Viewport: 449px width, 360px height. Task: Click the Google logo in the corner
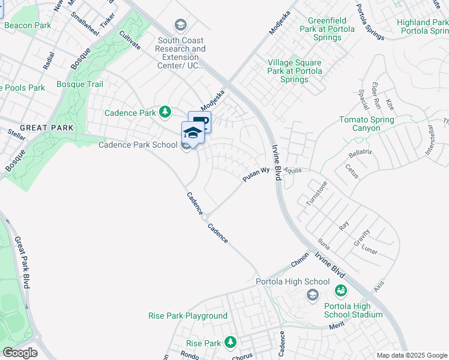click(20, 353)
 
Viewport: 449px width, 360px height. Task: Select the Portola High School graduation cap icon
click(312, 294)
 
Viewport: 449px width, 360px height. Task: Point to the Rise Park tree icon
click(230, 343)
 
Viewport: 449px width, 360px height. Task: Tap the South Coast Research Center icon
click(179, 25)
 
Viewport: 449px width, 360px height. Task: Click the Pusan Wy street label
click(253, 175)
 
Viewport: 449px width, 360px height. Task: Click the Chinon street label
click(300, 262)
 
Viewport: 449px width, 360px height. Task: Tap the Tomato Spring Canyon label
click(366, 124)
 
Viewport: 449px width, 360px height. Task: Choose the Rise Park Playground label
click(188, 316)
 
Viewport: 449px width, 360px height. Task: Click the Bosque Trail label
click(80, 84)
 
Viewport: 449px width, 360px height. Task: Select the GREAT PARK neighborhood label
click(46, 128)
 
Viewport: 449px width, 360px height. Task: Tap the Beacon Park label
click(27, 25)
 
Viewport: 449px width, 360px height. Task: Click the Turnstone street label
click(316, 194)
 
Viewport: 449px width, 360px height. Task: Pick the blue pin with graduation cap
click(193, 133)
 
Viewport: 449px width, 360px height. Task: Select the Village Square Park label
click(295, 71)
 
